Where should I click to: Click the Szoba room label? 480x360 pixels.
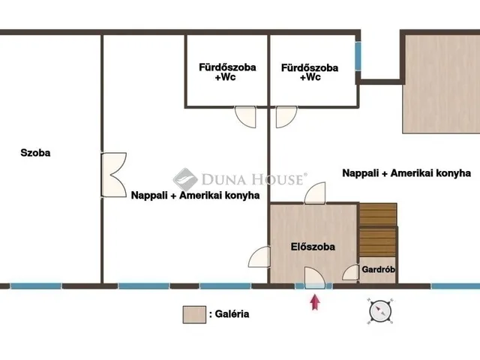tap(35, 153)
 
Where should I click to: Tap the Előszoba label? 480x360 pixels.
tap(313, 246)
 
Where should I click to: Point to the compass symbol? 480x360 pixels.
tap(379, 309)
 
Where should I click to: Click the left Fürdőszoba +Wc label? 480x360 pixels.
tap(227, 71)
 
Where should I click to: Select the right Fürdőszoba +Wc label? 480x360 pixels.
tap(310, 72)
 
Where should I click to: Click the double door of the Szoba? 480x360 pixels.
tap(112, 175)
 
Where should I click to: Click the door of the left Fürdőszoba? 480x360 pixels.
tap(245, 116)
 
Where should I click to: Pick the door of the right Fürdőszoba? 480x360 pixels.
tap(286, 116)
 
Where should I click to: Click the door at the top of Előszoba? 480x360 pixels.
tap(314, 193)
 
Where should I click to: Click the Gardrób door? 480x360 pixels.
tap(349, 274)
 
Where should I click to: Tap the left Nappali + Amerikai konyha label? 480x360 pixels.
tap(196, 195)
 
